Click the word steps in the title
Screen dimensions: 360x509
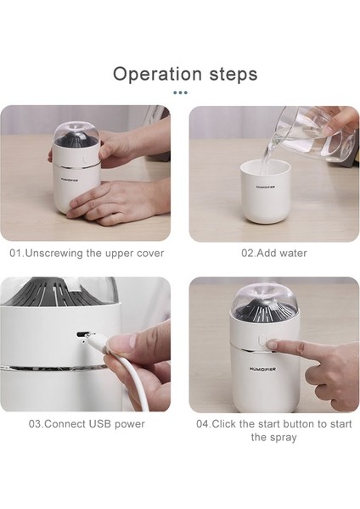click(x=233, y=75)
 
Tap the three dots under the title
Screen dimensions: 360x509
click(x=180, y=92)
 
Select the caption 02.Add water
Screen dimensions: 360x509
click(x=274, y=253)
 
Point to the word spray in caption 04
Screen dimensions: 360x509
click(x=283, y=438)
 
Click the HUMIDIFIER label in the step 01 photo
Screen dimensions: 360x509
click(x=70, y=180)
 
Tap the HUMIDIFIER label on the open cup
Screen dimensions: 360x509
click(x=266, y=187)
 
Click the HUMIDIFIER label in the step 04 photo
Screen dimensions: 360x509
click(x=263, y=369)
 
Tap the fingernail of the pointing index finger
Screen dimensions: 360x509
click(x=273, y=344)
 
